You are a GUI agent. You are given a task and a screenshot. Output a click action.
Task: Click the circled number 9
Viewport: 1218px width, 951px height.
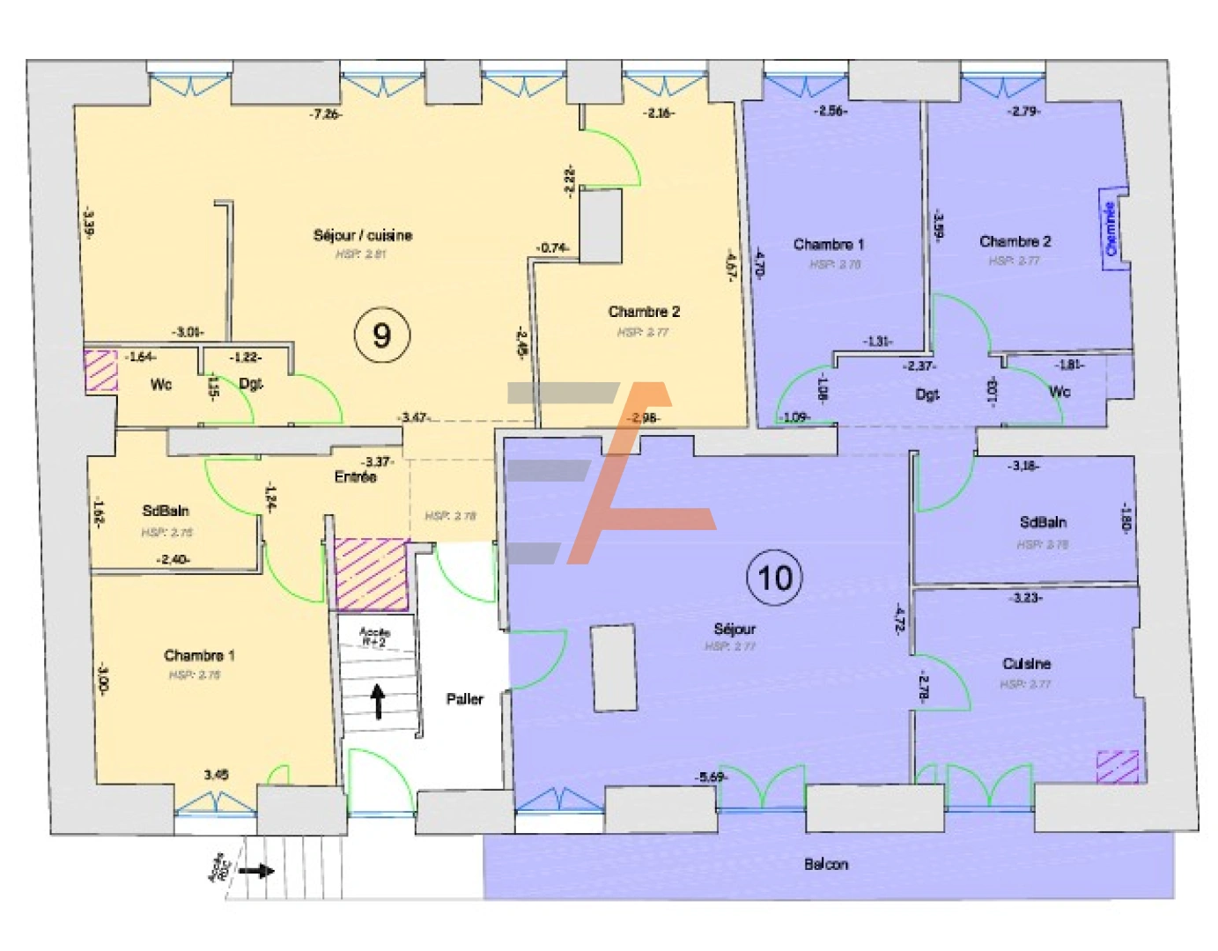coord(381,335)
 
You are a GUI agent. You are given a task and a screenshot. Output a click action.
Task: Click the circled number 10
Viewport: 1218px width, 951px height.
coord(775,578)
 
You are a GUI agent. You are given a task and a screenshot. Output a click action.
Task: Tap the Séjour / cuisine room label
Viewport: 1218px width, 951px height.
coord(362,235)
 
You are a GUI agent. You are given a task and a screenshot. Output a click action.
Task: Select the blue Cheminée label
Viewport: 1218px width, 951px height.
coord(1111,229)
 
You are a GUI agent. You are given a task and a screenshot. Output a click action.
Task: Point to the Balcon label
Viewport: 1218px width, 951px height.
coord(826,864)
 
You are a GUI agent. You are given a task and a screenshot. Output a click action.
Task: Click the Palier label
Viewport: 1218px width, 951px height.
coord(464,698)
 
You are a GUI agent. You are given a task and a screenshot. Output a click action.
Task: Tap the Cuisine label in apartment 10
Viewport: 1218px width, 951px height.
coord(1026,663)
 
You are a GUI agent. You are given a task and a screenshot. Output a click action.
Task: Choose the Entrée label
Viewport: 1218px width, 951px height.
coord(355,476)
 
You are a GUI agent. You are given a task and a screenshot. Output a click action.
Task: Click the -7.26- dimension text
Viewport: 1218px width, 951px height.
coord(325,114)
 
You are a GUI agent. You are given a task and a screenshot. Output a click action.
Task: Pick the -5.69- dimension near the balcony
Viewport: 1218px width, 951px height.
coord(710,777)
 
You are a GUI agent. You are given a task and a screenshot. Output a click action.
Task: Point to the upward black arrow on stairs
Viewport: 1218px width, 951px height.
coord(379,701)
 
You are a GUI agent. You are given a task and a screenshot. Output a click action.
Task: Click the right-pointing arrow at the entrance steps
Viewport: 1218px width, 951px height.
coord(255,871)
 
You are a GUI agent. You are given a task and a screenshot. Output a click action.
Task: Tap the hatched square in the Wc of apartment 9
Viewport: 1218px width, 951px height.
coord(100,370)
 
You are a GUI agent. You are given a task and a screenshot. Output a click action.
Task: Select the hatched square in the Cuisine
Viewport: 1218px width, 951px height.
coord(1118,766)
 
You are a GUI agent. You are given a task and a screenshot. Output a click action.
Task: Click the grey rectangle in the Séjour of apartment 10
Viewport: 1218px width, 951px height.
coord(613,661)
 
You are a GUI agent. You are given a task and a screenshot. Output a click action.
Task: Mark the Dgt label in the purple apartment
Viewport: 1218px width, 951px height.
coord(926,394)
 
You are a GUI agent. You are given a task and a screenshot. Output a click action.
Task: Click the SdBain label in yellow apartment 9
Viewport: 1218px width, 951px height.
coord(166,511)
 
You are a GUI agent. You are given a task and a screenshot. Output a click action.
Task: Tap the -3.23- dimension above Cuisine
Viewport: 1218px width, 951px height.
coord(1026,598)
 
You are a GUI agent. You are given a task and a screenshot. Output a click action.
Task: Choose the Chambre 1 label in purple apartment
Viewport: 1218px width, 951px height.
coord(828,244)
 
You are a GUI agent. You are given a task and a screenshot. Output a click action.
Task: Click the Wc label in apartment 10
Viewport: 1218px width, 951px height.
coord(1059,391)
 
